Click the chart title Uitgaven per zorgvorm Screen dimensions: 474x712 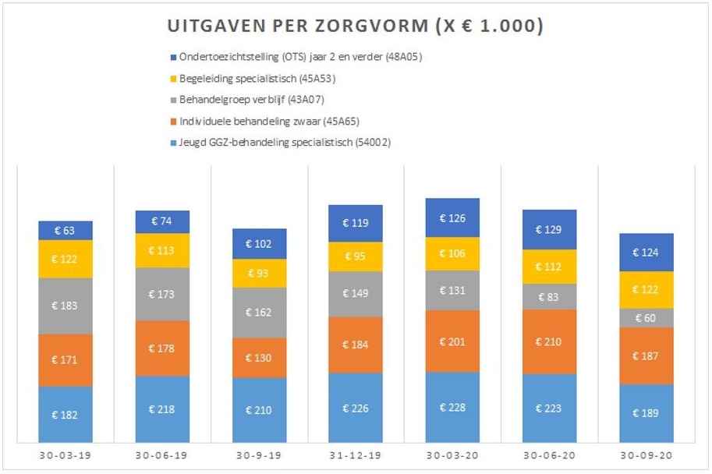[x=356, y=26]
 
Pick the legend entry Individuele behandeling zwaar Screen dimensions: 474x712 [x=246, y=121]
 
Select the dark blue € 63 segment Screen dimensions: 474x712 [x=66, y=230]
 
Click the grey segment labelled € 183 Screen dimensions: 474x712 [x=66, y=306]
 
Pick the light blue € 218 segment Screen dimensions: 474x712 [x=162, y=409]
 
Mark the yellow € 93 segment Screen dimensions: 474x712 [x=259, y=274]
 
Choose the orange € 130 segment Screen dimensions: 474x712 [x=259, y=357]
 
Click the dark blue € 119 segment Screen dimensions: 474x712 [x=356, y=223]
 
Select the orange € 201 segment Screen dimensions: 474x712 [x=452, y=341]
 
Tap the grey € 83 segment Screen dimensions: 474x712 [x=549, y=296]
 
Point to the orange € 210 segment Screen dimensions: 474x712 [x=549, y=341]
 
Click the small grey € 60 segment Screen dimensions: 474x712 [x=646, y=317]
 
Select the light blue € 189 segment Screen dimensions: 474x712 [x=646, y=413]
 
